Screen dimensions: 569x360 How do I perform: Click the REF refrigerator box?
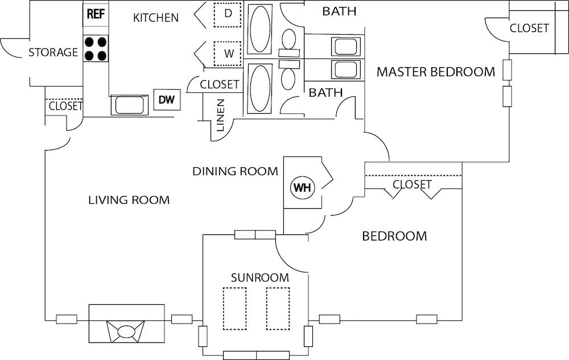click(x=96, y=14)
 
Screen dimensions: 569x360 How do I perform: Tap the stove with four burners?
click(x=96, y=48)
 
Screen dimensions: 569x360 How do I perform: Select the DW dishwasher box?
click(x=167, y=100)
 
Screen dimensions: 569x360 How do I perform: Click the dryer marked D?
click(x=228, y=14)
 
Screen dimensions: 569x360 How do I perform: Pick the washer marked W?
click(x=228, y=53)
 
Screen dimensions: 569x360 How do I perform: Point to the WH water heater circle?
click(x=302, y=188)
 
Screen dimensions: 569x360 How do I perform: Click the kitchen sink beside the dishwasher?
click(x=130, y=105)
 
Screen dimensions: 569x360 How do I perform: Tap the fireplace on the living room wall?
click(x=127, y=324)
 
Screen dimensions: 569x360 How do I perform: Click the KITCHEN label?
click(x=156, y=18)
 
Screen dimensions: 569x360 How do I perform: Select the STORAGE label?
click(x=53, y=52)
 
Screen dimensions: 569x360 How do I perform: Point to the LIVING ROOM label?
click(x=129, y=200)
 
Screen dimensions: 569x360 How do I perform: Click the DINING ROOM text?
click(x=235, y=171)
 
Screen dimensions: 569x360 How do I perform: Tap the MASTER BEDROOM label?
click(x=436, y=72)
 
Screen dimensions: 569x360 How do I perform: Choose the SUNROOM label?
click(x=260, y=278)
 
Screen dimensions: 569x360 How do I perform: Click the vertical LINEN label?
click(x=220, y=115)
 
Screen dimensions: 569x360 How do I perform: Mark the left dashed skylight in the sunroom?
click(x=235, y=308)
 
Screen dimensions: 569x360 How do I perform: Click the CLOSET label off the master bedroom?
click(x=529, y=28)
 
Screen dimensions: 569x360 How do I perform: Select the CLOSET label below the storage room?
click(x=65, y=106)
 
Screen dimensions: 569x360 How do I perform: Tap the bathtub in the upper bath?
click(x=260, y=30)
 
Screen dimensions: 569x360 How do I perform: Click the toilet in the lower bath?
click(x=288, y=75)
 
